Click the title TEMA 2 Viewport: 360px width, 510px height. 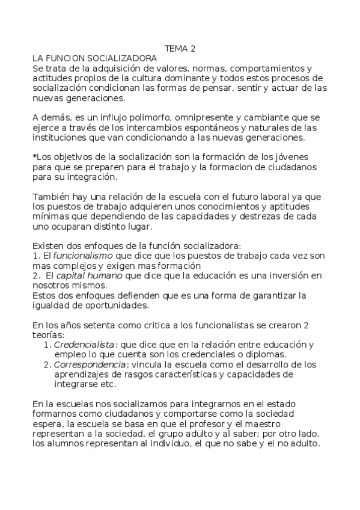coord(180,49)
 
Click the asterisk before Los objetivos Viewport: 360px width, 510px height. coord(34,156)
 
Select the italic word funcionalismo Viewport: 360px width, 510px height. coord(78,256)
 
